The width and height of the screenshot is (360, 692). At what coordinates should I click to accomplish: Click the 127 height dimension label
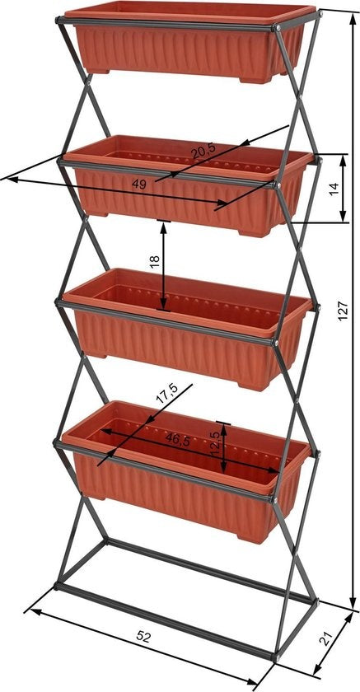point(344,308)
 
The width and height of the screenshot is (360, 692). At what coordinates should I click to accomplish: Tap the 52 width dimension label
point(144,637)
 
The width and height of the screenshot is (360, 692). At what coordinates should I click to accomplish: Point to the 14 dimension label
point(334,189)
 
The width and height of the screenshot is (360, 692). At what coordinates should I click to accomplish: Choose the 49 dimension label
point(138,185)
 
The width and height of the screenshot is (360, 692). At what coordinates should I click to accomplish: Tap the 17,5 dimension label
point(167,397)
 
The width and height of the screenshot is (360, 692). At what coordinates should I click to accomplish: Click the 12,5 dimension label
point(215,445)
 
